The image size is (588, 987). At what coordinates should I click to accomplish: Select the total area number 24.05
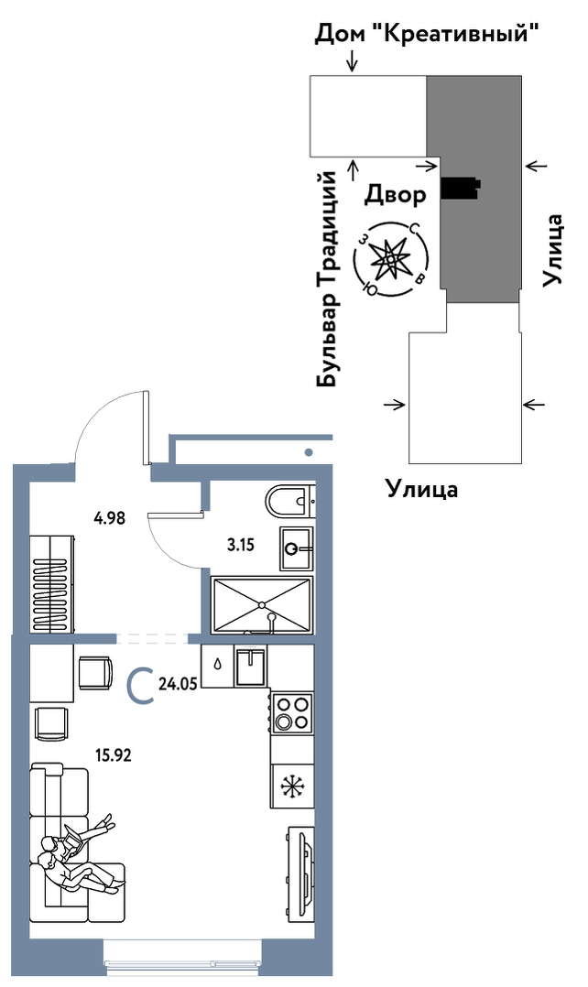point(179,680)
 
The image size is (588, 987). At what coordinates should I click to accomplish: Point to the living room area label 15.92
point(114,756)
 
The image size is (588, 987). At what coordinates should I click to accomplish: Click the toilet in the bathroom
point(291,501)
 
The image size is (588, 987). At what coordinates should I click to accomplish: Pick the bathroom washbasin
point(295,548)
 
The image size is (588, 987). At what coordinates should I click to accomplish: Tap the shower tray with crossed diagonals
point(262,604)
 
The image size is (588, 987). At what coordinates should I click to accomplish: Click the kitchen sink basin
point(250,666)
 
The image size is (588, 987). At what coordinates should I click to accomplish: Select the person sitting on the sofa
point(73,856)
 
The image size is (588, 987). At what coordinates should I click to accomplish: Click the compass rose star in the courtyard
point(391,260)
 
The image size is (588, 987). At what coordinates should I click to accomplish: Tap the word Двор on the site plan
point(396,195)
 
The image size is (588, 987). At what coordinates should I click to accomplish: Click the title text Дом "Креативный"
point(425,36)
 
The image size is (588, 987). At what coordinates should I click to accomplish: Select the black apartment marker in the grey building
point(459,188)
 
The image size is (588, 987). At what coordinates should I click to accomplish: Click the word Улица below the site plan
point(420,488)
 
